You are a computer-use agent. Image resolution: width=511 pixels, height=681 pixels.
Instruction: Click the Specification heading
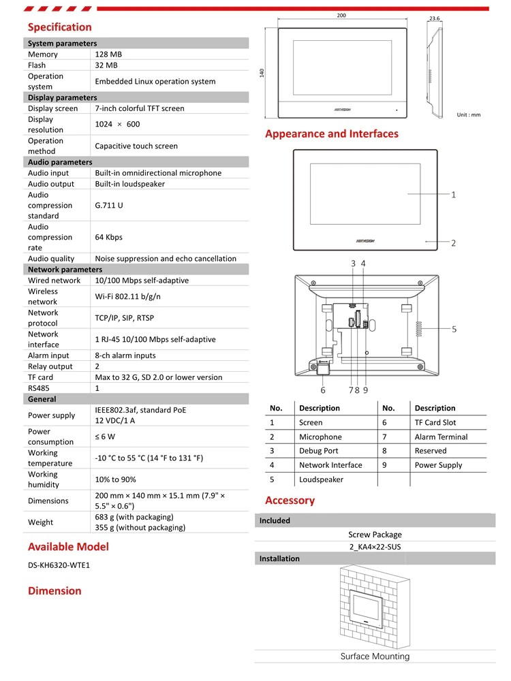pyautogui.click(x=59, y=27)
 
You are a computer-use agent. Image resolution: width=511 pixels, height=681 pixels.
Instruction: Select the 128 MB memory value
pyautogui.click(x=108, y=54)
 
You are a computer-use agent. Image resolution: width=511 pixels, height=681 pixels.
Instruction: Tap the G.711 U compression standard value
pyautogui.click(x=109, y=205)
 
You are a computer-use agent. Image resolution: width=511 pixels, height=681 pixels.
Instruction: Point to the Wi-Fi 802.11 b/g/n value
pyautogui.click(x=128, y=296)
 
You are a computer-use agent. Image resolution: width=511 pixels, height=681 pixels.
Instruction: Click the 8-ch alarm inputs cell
pyautogui.click(x=125, y=355)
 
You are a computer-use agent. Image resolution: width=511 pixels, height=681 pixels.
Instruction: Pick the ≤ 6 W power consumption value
pyautogui.click(x=105, y=437)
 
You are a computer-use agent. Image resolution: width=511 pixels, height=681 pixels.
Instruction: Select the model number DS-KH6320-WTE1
pyautogui.click(x=59, y=565)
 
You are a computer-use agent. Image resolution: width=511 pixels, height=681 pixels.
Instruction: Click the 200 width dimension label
pyautogui.click(x=341, y=16)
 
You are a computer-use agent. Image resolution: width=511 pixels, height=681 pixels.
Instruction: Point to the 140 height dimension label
pyautogui.click(x=262, y=73)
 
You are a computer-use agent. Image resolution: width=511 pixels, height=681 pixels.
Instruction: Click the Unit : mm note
pyautogui.click(x=469, y=114)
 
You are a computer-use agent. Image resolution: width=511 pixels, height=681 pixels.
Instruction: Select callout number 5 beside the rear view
pyautogui.click(x=454, y=330)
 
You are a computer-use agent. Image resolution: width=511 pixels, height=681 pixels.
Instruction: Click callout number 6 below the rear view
pyautogui.click(x=323, y=390)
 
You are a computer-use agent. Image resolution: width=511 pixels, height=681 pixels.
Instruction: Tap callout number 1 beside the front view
pyautogui.click(x=454, y=195)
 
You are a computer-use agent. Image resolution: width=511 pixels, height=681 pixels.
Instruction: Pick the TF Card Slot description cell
pyautogui.click(x=435, y=423)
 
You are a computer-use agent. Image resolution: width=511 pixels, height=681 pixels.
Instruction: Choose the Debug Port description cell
pyautogui.click(x=318, y=451)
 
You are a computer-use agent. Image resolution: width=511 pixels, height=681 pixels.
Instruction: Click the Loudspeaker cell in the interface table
pyautogui.click(x=321, y=479)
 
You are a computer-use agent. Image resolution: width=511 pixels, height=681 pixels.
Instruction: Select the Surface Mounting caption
pyautogui.click(x=375, y=656)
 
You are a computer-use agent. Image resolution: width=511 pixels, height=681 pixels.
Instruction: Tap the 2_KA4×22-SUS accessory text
pyautogui.click(x=375, y=547)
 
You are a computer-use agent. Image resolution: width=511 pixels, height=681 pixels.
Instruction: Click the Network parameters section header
pyautogui.click(x=65, y=270)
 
